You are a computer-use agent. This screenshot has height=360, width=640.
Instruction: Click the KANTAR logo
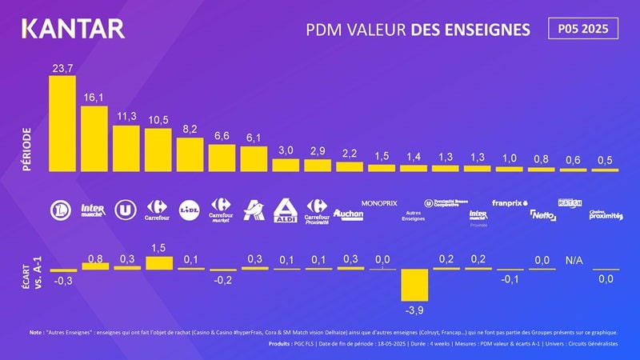73,29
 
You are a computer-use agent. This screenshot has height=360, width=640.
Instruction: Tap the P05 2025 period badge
582,29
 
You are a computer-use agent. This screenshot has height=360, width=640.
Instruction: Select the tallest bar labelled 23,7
62,124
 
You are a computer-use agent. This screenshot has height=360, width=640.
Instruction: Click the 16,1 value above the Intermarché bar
94,97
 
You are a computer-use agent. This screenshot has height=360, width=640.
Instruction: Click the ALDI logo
286,210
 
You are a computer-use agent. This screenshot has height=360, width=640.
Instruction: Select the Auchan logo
349,214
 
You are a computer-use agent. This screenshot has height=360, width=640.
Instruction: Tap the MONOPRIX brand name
380,203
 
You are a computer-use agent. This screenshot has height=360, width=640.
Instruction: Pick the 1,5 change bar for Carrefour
158,262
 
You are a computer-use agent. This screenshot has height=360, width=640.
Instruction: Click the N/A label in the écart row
574,260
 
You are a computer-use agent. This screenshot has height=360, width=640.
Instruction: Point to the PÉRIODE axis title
26,147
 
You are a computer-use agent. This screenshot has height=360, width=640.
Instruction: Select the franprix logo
509,203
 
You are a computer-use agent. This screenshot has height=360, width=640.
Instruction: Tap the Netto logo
542,214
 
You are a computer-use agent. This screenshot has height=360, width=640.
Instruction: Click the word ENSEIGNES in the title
490,30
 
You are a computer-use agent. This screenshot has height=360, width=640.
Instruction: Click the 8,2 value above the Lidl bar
190,128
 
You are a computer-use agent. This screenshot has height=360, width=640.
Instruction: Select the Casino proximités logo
605,215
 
